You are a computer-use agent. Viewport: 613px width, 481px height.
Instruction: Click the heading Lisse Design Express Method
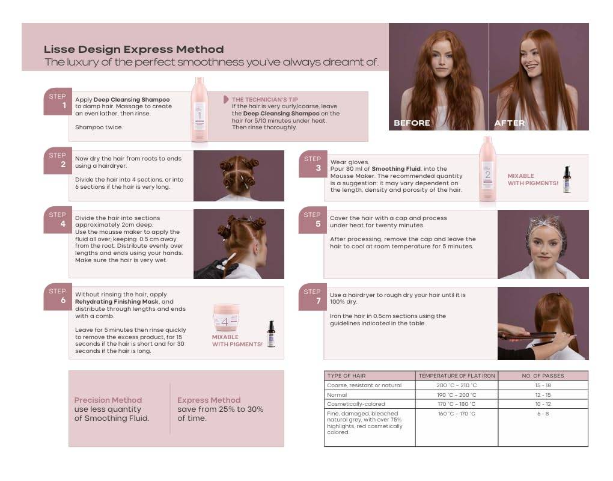pos(133,49)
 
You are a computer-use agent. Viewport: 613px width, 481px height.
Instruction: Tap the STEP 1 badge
pos(58,102)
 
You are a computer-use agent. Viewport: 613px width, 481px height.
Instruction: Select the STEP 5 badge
pos(313,221)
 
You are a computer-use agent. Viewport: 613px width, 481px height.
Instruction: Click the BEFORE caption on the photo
pos(412,123)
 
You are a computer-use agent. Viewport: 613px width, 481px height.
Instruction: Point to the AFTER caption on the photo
pos(509,123)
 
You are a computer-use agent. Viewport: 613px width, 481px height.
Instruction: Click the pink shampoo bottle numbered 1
pos(199,110)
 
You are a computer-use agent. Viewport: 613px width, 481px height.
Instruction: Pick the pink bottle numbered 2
pos(487,169)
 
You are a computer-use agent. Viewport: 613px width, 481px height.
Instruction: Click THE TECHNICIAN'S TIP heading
pos(264,100)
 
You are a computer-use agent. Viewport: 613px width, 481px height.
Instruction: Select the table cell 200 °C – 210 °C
pos(456,385)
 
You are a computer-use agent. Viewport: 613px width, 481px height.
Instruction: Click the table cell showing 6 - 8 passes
pos(543,414)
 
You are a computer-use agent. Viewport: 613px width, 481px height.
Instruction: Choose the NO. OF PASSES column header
pos(543,376)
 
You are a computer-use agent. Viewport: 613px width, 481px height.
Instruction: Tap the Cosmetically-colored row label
pos(356,404)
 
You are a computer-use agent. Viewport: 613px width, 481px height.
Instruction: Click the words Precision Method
pos(108,400)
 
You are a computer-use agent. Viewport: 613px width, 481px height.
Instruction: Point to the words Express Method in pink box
pos(209,400)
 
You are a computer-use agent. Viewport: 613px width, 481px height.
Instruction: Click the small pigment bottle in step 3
pos(566,180)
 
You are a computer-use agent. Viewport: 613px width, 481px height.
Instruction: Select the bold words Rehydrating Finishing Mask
pos(124,302)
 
